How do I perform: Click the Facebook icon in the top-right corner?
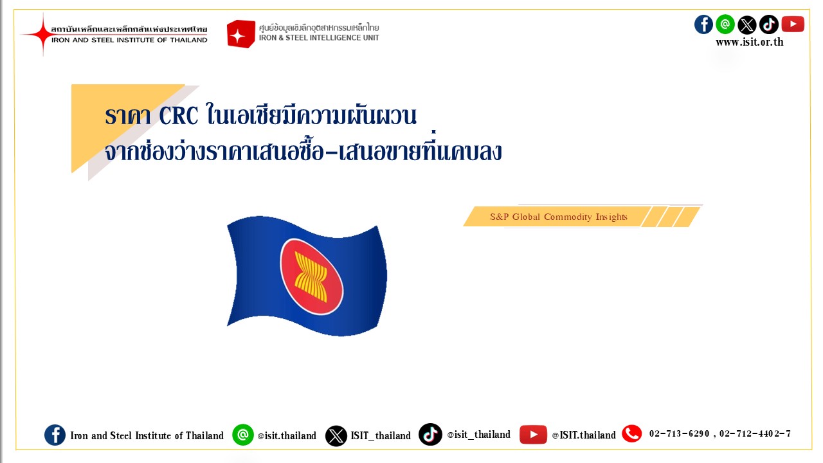coord(703,24)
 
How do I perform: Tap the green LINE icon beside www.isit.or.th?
coord(725,24)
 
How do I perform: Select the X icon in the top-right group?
coord(747,25)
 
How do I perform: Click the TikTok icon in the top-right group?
coord(768,24)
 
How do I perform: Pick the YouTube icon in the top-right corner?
coord(793,24)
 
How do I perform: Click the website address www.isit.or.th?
coord(750,42)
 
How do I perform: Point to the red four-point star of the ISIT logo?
coord(43,34)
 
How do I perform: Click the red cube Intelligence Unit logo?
coord(240,34)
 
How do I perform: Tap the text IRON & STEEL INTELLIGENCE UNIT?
coord(319,38)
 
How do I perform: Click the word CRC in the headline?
coord(179,115)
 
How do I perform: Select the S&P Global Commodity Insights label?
coord(559,217)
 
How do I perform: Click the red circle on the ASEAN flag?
coord(312,277)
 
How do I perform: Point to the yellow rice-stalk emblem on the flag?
coord(311,277)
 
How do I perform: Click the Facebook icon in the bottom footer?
coord(55,435)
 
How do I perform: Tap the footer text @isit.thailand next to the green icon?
coord(287,436)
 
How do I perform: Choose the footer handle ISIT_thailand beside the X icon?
coord(381,436)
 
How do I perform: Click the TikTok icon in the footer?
coord(430,434)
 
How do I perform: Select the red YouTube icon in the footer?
coord(533,435)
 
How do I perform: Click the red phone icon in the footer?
coord(632,433)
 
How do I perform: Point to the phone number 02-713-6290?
coord(679,434)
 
